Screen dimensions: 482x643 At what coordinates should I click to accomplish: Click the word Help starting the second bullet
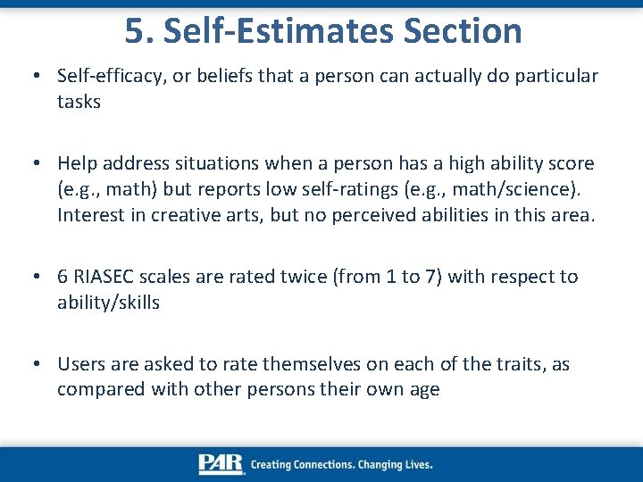(77, 163)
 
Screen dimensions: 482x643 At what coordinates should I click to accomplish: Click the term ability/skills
(108, 303)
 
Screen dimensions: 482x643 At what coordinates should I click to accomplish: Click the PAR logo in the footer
(221, 464)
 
